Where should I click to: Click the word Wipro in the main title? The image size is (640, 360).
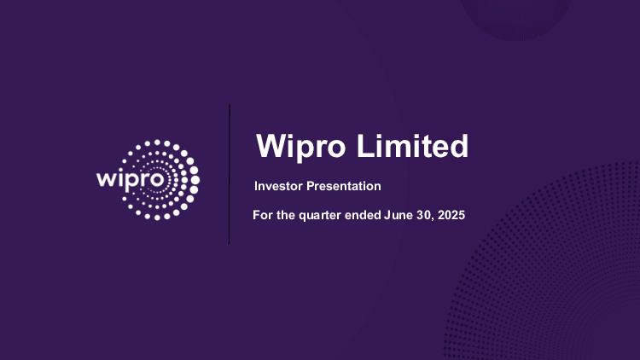(x=301, y=146)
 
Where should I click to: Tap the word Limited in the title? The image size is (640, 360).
(x=413, y=146)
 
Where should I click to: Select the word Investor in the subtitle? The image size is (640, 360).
(x=278, y=186)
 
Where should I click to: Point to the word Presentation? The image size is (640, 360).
(x=344, y=186)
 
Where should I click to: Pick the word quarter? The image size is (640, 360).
(x=320, y=216)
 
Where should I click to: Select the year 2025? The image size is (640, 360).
(x=451, y=215)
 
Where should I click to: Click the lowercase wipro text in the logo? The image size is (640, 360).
(x=131, y=180)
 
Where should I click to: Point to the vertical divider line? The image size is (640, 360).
(x=229, y=174)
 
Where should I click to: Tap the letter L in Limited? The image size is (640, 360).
(x=366, y=146)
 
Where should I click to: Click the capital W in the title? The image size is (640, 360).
(x=273, y=146)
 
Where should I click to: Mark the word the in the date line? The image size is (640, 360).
(x=286, y=215)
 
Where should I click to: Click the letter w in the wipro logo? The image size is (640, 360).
(x=106, y=180)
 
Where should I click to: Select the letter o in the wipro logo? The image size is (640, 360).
(x=158, y=180)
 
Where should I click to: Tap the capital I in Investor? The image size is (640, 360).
(x=256, y=186)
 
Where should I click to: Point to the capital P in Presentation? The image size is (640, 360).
(x=311, y=186)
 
